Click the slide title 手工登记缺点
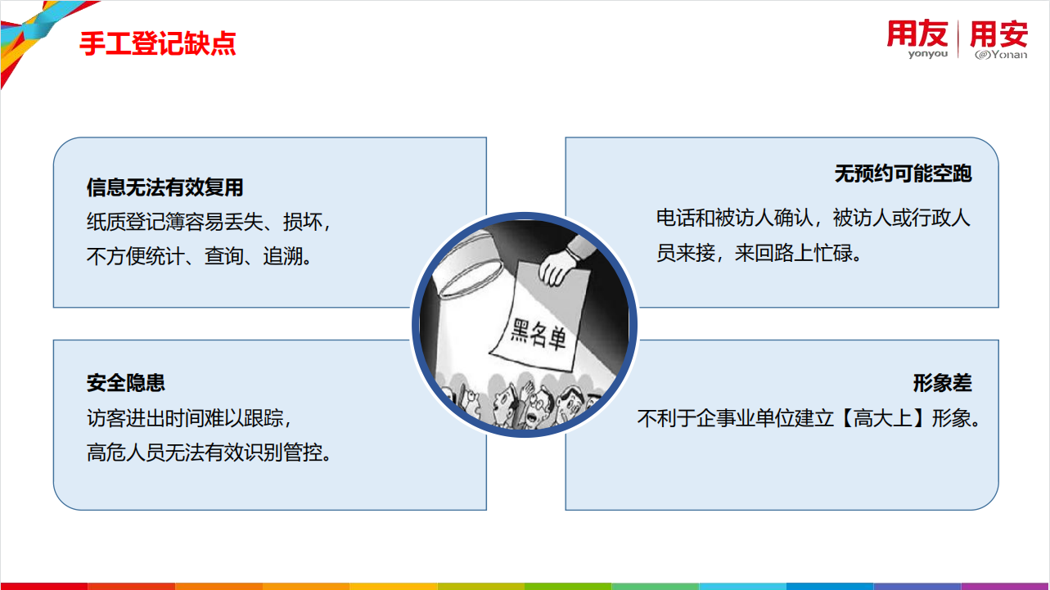point(157,43)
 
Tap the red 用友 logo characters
point(917,34)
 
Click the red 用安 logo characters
point(998,34)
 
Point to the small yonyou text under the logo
point(928,54)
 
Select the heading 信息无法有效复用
point(164,187)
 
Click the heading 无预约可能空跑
point(903,173)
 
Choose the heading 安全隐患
point(126,383)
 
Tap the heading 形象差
point(942,383)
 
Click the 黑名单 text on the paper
point(538,334)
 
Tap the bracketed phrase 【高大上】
point(882,418)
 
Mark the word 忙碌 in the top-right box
point(833,253)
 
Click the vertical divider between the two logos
point(958,39)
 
